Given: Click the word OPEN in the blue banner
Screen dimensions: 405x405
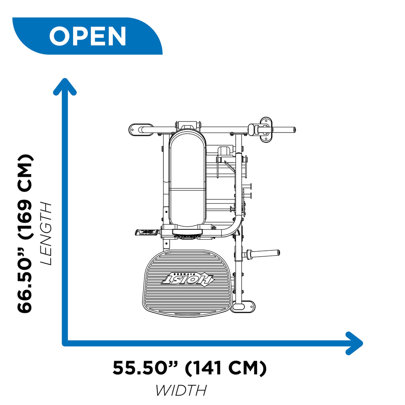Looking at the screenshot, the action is (87, 36).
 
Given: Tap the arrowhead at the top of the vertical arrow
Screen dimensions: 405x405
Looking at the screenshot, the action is (65, 87).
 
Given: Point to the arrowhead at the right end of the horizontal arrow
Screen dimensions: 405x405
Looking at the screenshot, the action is (354, 343).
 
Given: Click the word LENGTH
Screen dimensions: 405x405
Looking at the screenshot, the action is (46, 234).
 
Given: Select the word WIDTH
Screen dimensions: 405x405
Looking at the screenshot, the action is (181, 390).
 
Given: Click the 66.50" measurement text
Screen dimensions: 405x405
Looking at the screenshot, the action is (25, 280).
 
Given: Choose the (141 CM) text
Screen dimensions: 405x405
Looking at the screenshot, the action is (226, 368).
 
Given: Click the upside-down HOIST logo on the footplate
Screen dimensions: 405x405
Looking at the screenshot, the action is (187, 278).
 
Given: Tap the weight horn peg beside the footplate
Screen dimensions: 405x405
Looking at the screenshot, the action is (263, 254).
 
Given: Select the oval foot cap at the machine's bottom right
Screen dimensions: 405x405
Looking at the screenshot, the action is (242, 307).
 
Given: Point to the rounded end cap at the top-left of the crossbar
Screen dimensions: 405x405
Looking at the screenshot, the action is (141, 130).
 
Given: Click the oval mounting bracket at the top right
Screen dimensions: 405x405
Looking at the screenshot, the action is (266, 130).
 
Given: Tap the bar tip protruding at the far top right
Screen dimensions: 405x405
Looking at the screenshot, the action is (294, 130).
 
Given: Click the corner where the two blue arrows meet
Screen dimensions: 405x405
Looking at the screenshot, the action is (65, 343).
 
